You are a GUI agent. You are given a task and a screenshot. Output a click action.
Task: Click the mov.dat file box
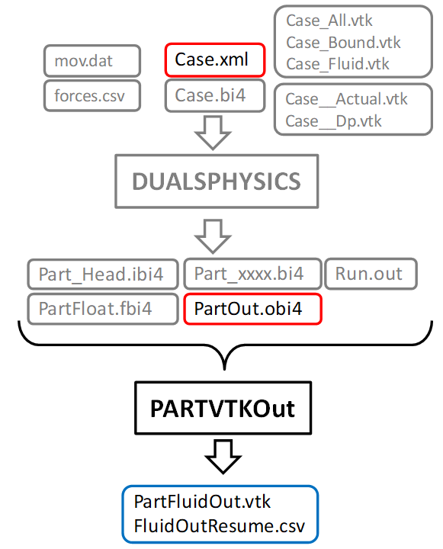tap(92, 59)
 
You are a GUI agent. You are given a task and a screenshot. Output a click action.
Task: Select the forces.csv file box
tap(92, 95)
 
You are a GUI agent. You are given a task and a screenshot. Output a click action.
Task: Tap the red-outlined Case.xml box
tap(214, 59)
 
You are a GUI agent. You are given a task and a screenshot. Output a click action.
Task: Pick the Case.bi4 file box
tap(214, 95)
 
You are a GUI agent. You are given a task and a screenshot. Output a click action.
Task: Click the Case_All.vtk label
tap(329, 21)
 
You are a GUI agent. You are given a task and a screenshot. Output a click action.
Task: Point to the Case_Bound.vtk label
tap(343, 43)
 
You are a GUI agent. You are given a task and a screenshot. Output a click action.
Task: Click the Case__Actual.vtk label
tap(346, 100)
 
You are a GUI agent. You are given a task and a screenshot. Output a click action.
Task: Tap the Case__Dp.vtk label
tap(333, 121)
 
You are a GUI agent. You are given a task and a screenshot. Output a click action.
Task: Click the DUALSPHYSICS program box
tap(217, 181)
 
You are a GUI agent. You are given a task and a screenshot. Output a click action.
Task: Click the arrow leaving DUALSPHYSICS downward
tap(214, 236)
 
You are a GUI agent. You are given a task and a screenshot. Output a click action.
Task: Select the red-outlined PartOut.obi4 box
tap(252, 309)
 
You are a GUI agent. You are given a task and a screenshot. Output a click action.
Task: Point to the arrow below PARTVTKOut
tap(222, 457)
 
